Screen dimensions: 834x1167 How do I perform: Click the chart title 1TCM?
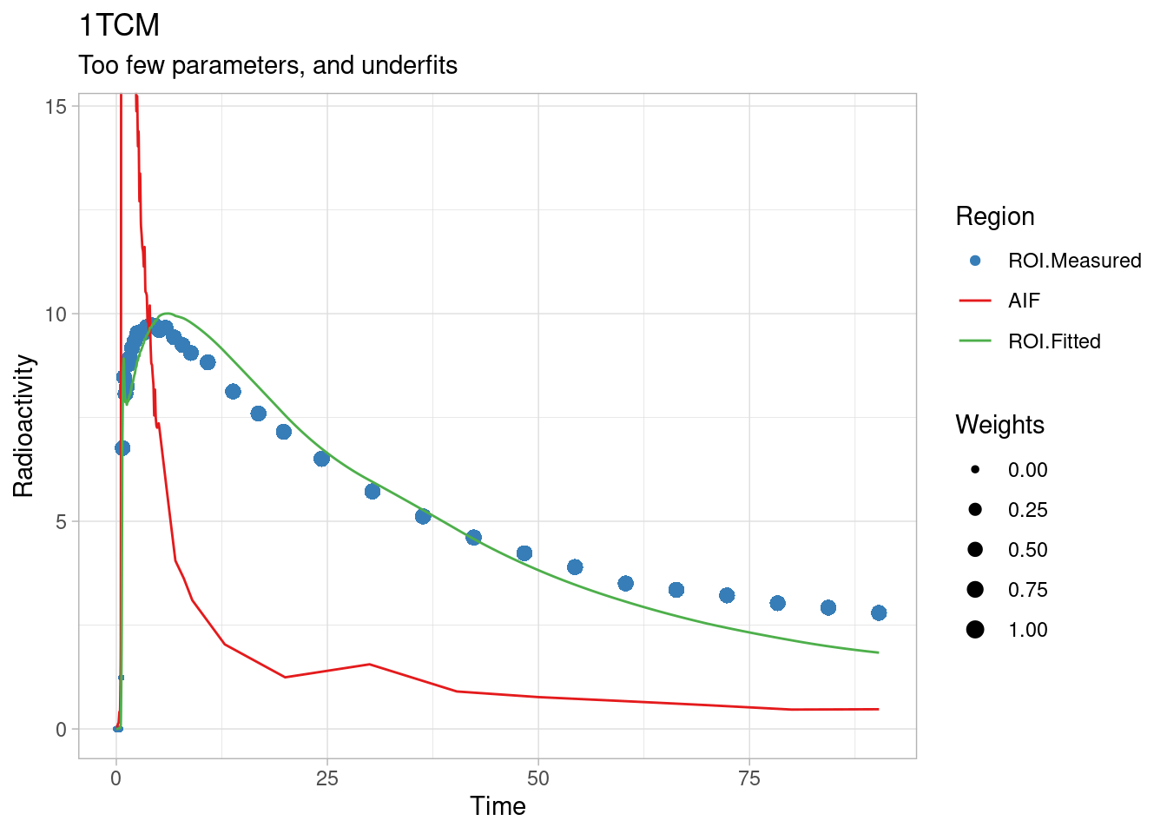pos(119,25)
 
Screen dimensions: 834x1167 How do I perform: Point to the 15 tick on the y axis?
pos(56,106)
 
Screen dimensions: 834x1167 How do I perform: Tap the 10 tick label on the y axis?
pos(56,314)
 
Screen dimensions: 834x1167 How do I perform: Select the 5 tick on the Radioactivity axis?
pos(61,521)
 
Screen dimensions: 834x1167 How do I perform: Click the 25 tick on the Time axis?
pos(327,778)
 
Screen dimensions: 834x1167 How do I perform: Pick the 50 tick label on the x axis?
pos(538,778)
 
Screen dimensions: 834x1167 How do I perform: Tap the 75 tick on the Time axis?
pos(749,778)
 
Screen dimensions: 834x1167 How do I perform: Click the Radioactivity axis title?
pos(23,426)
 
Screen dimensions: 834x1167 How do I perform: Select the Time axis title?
pos(498,806)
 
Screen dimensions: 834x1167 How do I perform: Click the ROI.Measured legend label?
pos(1074,261)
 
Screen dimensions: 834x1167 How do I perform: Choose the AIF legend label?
pos(1024,301)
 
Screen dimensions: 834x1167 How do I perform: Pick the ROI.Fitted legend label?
pos(1054,341)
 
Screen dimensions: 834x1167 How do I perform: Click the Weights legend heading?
pos(999,425)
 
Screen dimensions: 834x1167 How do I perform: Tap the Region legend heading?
pos(994,216)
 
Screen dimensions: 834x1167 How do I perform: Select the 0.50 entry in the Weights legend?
pos(1027,550)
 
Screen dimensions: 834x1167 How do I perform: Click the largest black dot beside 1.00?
pos(975,630)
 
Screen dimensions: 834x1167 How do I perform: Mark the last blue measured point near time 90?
pos(879,612)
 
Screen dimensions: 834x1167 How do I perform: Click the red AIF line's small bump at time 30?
pos(369,664)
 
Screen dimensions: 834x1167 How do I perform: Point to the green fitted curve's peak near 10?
pos(168,314)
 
